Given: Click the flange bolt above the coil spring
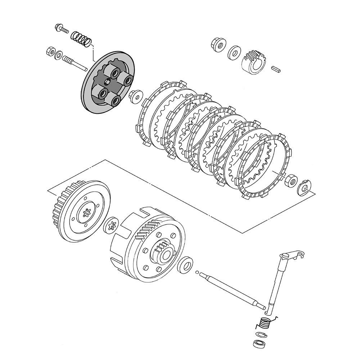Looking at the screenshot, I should click(62, 29).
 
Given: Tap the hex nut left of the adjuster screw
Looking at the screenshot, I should click(50, 51).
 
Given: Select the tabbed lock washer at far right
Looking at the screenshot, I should click(304, 187).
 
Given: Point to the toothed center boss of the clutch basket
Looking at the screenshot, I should click(164, 251).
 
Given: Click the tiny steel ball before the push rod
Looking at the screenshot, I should click(198, 273).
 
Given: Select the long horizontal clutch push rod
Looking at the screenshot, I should click(234, 290).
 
